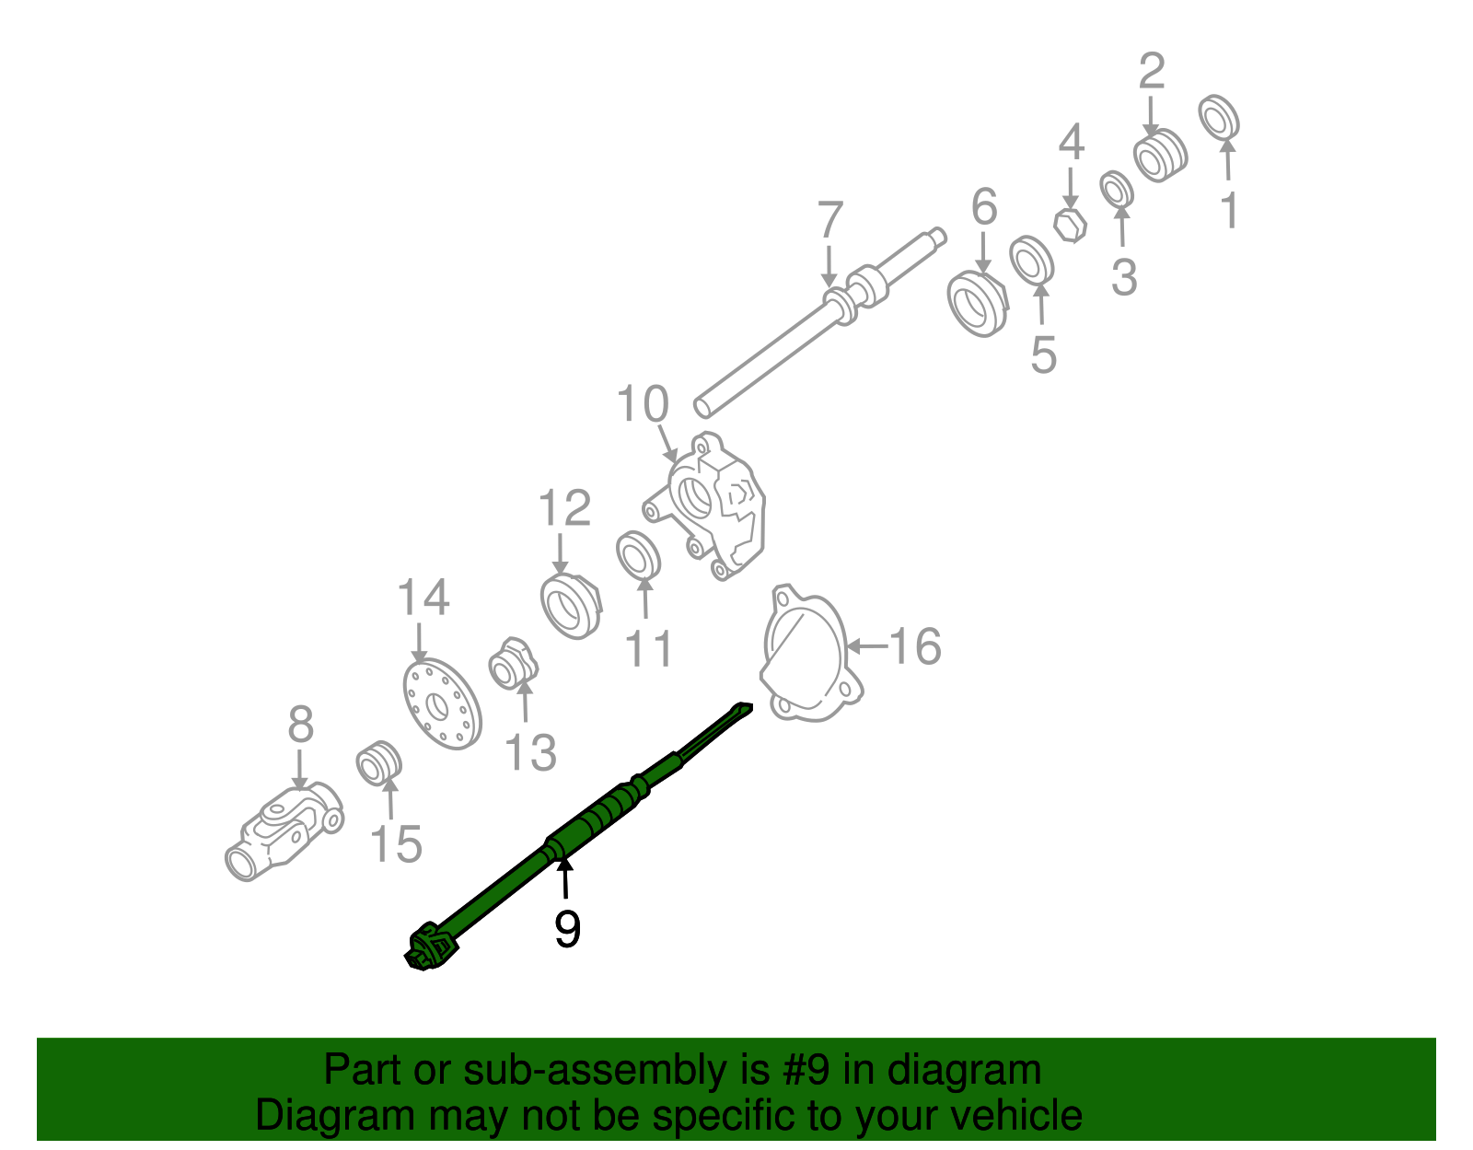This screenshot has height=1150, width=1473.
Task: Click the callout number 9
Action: [567, 929]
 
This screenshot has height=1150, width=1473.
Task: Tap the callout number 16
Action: [915, 645]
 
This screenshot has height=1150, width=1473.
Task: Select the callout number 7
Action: [830, 219]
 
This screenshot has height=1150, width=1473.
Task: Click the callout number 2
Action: [1152, 71]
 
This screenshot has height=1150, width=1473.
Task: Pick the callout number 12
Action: [564, 507]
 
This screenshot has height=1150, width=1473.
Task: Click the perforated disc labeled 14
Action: [442, 703]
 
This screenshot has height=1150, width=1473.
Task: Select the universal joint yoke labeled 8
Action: [284, 832]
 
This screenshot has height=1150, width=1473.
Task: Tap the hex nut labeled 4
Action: [1071, 226]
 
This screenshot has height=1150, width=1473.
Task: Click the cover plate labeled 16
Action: [811, 654]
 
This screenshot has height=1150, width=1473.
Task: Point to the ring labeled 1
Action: [1218, 117]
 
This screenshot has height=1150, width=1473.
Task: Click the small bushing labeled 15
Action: [379, 763]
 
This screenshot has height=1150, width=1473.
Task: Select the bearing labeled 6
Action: [978, 304]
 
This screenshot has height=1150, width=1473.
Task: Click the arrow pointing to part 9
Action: [564, 878]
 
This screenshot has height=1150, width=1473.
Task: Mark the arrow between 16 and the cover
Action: [867, 646]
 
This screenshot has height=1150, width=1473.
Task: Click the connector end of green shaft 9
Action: [428, 947]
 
